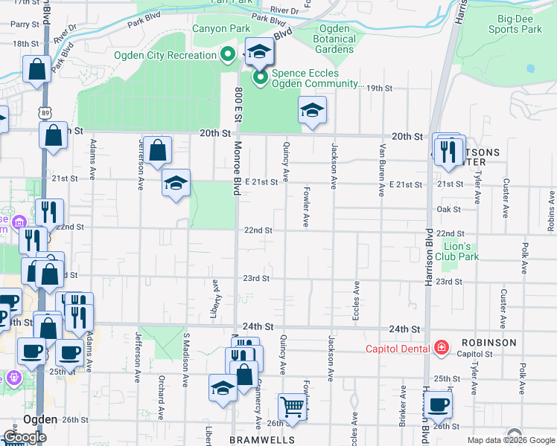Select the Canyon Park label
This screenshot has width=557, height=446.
point(221,29)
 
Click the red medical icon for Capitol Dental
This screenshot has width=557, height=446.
point(442,348)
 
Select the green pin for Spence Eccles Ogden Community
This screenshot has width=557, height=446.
point(260,77)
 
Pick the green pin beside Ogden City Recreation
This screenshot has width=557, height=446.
point(229,54)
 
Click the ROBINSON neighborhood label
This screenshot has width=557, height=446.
point(488,343)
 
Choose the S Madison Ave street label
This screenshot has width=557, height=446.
point(186,360)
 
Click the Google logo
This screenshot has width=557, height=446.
point(25,437)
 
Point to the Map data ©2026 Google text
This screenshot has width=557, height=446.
point(511,441)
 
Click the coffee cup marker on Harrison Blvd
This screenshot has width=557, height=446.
point(439,405)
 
